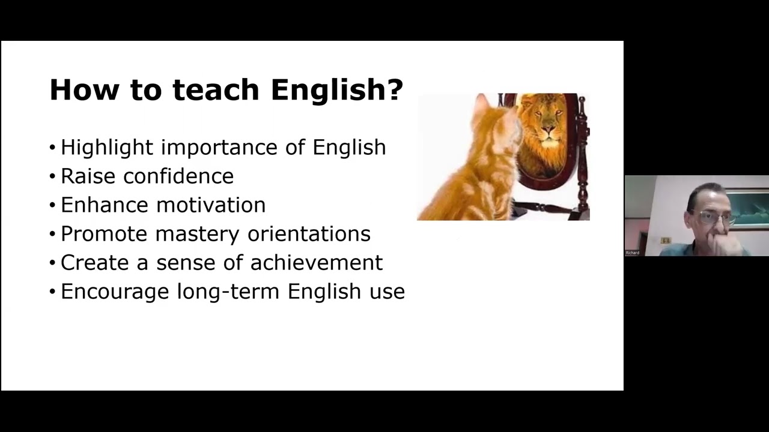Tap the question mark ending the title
[395, 90]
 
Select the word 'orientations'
[309, 234]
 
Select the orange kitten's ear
[481, 105]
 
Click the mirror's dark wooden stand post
[581, 156]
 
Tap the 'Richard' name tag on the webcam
[632, 253]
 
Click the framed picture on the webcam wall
[748, 208]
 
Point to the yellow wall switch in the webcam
[665, 241]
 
